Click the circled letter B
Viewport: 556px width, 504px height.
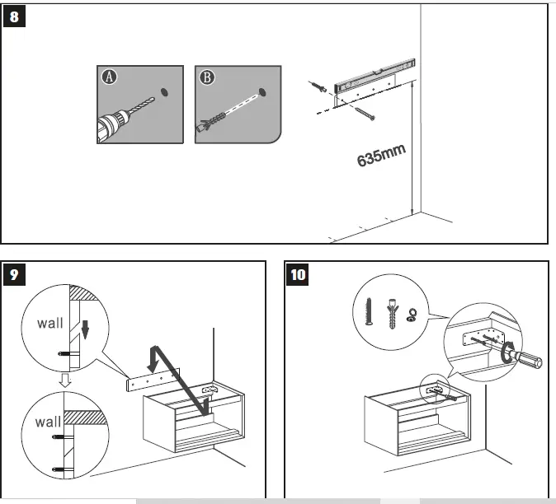pyautogui.click(x=206, y=77)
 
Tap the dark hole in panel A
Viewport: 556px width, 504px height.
pyautogui.click(x=163, y=86)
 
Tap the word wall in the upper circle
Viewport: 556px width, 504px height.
pyautogui.click(x=49, y=323)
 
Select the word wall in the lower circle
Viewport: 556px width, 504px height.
pyautogui.click(x=48, y=422)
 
